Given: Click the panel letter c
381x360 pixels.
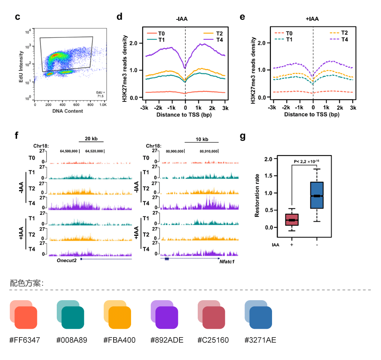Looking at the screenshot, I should tap(17, 17).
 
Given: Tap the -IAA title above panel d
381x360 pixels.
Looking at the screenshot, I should tap(182, 19).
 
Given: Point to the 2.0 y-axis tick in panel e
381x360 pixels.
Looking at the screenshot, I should tap(261, 43).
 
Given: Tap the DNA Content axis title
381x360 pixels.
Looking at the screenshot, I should tap(68, 111).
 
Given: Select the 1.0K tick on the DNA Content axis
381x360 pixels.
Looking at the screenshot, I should tap(103, 104).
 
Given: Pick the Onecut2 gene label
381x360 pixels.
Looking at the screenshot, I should tap(67, 261).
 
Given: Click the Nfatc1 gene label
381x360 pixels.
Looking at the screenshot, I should tap(227, 262).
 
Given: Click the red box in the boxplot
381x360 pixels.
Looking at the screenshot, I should tap(291, 220).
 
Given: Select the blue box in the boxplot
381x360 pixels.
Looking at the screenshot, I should tap(317, 195).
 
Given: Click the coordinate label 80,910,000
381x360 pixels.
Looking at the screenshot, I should tap(209, 151).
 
